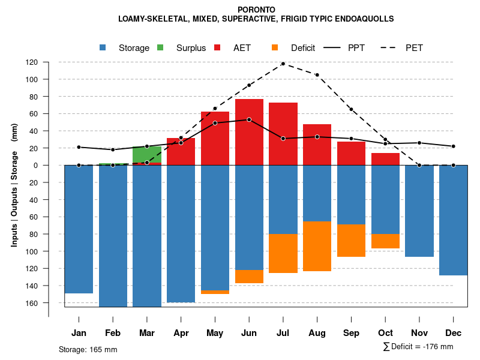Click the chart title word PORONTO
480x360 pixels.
click(256, 10)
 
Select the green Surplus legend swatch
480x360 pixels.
click(160, 48)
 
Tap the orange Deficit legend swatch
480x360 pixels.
click(275, 48)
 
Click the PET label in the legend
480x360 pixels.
click(414, 48)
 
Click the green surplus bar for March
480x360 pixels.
click(147, 154)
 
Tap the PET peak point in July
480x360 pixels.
click(283, 64)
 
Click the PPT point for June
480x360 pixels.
click(249, 119)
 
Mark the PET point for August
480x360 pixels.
click(317, 75)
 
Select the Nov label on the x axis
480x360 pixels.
click(419, 333)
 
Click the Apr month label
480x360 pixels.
click(181, 333)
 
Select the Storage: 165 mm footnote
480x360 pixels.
click(88, 349)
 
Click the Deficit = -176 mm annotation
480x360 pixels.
click(418, 347)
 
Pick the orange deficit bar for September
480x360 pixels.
click(352, 240)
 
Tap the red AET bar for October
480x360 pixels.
click(386, 159)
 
